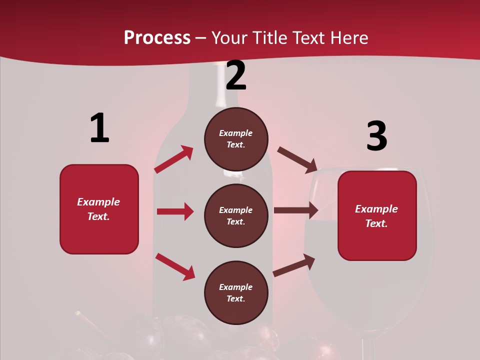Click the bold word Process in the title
click(157, 38)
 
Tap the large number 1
click(99, 128)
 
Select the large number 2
click(236, 75)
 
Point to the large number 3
click(376, 136)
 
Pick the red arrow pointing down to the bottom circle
click(175, 266)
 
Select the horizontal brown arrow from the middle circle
click(296, 210)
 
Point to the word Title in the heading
click(270, 38)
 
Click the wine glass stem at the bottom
click(368, 348)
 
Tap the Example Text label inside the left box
click(98, 209)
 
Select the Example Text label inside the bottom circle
click(236, 293)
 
